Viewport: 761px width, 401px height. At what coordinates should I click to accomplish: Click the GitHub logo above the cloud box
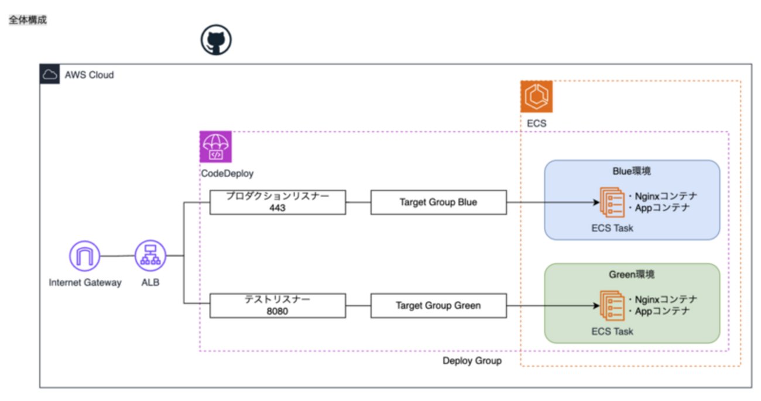coord(216,40)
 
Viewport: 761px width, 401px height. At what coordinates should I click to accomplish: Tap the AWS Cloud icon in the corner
coord(50,74)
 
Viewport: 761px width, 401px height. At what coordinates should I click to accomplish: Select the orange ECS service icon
coord(536,96)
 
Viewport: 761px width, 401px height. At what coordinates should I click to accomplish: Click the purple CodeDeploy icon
coord(215,147)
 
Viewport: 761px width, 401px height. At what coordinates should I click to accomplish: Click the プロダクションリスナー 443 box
coord(277,202)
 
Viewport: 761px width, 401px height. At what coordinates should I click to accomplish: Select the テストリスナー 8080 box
coord(277,306)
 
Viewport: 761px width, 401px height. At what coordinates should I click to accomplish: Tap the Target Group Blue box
coord(438,202)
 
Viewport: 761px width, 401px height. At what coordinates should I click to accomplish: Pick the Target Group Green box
coord(438,306)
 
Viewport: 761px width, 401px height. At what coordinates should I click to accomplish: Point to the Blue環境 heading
coord(632,171)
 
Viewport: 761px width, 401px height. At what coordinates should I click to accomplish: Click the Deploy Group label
coord(472,361)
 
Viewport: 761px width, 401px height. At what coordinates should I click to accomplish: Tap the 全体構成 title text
coord(28,20)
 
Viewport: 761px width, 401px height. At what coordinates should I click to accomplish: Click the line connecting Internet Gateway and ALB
coord(117,256)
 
